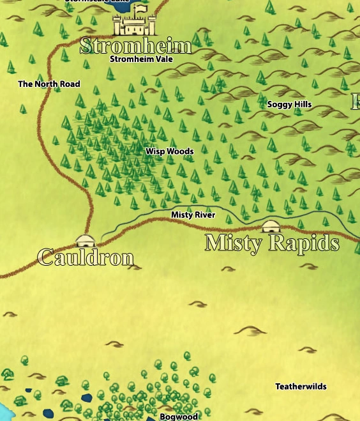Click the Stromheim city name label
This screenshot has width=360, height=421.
[135, 46]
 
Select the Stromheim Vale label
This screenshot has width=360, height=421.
[141, 59]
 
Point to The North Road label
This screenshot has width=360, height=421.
[49, 84]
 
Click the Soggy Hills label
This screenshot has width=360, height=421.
[289, 104]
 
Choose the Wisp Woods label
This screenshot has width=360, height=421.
[169, 151]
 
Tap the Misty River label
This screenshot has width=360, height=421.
[193, 215]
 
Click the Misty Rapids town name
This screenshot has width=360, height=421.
[272, 243]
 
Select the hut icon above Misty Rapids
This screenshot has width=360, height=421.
[271, 227]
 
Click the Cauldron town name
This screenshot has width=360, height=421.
[86, 257]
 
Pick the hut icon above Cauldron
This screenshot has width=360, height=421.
[85, 241]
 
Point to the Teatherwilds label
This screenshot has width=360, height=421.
[301, 387]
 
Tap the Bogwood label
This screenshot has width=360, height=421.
[179, 417]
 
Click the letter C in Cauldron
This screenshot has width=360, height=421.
[45, 257]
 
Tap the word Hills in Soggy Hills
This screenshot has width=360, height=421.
[302, 104]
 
